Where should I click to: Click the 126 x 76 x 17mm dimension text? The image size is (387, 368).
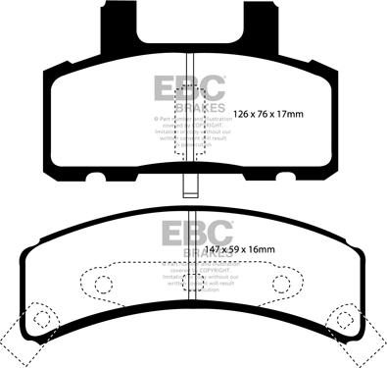coord(268,114)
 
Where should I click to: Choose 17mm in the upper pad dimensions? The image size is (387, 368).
coord(292,114)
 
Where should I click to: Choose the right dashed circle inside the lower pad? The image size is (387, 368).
coord(280,284)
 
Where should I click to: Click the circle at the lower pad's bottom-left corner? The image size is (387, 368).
coord(38,319)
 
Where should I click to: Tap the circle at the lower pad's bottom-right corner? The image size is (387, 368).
coord(347,319)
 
